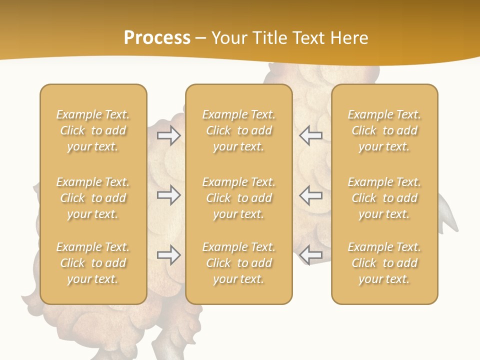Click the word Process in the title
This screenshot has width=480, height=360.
click(157, 38)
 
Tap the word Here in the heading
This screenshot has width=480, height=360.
click(348, 38)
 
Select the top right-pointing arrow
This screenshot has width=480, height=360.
click(169, 135)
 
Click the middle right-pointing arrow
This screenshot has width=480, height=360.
click(169, 195)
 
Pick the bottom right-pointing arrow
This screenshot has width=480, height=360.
click(169, 255)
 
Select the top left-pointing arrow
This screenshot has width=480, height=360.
click(310, 135)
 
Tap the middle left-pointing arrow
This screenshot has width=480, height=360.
click(310, 195)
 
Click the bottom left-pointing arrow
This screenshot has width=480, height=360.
click(310, 255)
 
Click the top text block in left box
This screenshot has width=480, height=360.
click(93, 130)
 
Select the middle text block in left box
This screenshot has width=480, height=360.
click(93, 198)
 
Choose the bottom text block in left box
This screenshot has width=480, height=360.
click(93, 263)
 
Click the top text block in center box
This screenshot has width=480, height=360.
click(239, 130)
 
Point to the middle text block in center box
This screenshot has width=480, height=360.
click(239, 198)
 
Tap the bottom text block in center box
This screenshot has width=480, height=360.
click(239, 263)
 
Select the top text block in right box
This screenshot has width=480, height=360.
click(384, 130)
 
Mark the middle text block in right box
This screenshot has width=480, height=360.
click(384, 198)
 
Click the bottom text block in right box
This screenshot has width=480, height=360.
click(384, 263)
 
